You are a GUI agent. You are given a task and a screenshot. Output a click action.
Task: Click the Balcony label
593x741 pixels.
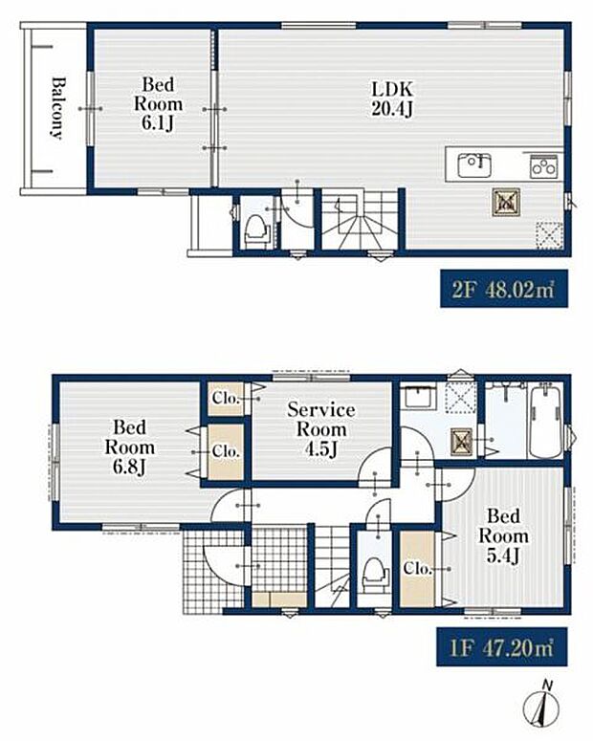click(x=56, y=108)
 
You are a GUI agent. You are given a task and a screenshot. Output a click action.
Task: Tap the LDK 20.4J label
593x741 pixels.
click(x=392, y=98)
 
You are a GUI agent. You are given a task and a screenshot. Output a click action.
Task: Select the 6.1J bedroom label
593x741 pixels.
click(x=158, y=104)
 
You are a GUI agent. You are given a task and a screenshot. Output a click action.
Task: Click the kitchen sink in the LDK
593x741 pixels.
click(x=473, y=165)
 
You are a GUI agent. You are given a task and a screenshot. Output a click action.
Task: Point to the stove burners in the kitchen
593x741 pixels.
click(x=544, y=166)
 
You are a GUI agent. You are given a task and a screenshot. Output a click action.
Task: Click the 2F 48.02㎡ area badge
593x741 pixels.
click(x=504, y=289)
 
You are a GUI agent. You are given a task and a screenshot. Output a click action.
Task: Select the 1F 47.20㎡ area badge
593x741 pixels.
click(x=502, y=647)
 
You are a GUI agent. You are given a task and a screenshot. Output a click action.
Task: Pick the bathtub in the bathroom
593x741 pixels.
click(x=545, y=422)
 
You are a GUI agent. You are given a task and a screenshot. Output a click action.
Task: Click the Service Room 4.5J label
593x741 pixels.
click(x=321, y=429)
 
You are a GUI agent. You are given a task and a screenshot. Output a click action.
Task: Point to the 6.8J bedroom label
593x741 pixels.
click(x=129, y=447)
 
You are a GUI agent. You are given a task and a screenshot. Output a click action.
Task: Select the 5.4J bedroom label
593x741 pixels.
click(x=503, y=535)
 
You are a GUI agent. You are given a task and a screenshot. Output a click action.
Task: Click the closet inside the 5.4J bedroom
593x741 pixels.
click(x=417, y=569)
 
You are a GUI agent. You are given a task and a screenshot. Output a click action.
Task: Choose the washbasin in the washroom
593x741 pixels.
click(x=417, y=398)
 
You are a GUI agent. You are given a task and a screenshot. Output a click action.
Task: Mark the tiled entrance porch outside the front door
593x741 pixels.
click(x=213, y=571)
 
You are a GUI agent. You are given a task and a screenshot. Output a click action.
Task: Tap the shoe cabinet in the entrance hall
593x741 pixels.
click(x=279, y=599)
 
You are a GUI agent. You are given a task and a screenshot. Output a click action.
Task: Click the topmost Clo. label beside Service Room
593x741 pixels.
click(x=225, y=399)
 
